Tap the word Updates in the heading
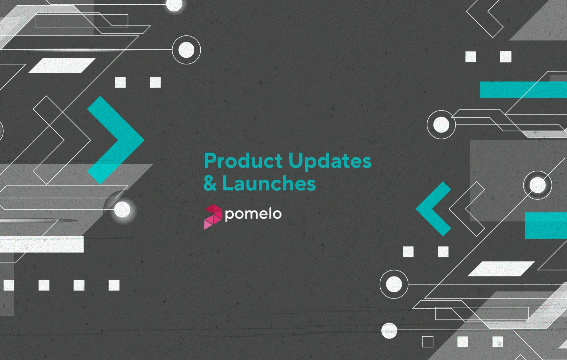pyautogui.click(x=330, y=162)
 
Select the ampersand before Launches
pyautogui.click(x=210, y=183)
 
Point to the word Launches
pyautogui.click(x=269, y=183)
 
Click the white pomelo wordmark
pyautogui.click(x=253, y=215)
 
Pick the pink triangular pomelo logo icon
pyautogui.click(x=213, y=217)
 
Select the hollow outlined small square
pyautogui.click(x=427, y=342)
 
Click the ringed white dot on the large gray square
pyautogui.click(x=537, y=185)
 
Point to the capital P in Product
pyautogui.click(x=210, y=161)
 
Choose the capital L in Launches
pyautogui.click(x=228, y=183)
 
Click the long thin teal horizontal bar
pyautogui.click(x=523, y=89)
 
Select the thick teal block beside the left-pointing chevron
pyautogui.click(x=546, y=225)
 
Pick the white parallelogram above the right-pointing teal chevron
pyautogui.click(x=62, y=65)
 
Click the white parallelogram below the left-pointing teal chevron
pyautogui.click(x=501, y=268)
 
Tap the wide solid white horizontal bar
pyautogui.click(x=42, y=244)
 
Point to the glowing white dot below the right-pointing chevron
pyautogui.click(x=122, y=210)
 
